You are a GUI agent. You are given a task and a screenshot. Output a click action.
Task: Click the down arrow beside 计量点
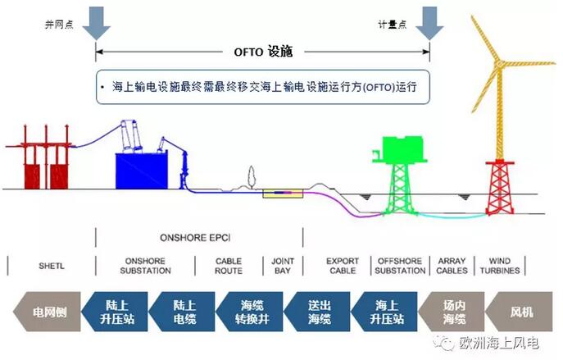pos(429,22)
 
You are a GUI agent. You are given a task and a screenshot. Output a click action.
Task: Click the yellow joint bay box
pos(282,194)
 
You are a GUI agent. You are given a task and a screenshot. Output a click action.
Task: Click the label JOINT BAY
pos(282,267)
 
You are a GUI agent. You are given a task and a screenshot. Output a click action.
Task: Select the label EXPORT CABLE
pos(343,267)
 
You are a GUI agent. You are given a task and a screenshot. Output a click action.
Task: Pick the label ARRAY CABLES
pos(452,267)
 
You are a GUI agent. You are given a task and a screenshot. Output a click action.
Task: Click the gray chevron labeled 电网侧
pos(47,312)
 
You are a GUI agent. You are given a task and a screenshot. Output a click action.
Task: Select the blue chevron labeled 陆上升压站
pos(120,312)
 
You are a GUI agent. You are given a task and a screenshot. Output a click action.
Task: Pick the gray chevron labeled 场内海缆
pos(450,312)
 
